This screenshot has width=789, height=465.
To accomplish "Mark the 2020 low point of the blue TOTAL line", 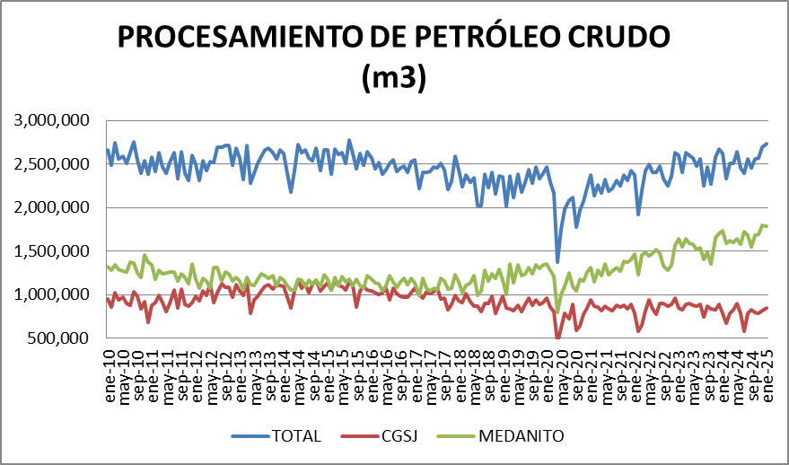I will (x=557, y=261).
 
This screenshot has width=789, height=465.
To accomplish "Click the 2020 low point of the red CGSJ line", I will (x=558, y=338).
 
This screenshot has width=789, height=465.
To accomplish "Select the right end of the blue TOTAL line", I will (x=767, y=144).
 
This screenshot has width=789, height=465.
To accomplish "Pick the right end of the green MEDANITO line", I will (x=767, y=226).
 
